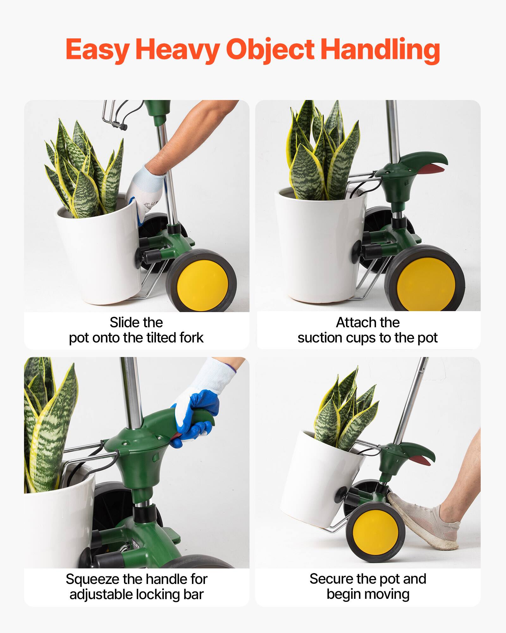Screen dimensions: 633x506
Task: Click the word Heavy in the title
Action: [x=177, y=50]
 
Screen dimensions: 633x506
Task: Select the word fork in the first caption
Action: [x=191, y=338]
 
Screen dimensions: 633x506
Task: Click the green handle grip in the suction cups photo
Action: [x=424, y=158]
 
